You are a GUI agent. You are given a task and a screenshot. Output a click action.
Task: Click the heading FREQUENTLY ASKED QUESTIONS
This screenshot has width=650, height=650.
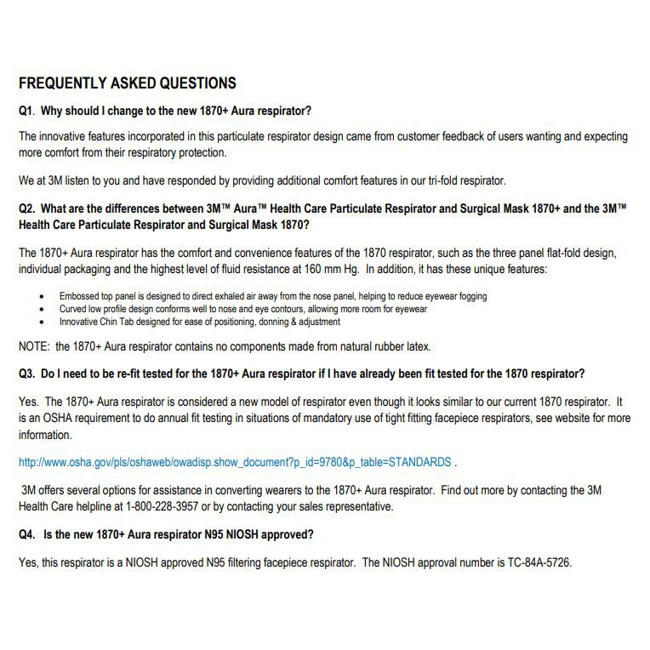click(128, 83)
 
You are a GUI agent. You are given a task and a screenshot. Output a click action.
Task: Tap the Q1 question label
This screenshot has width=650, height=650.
click(27, 111)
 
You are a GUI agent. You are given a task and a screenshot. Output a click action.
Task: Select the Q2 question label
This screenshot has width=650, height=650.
click(27, 208)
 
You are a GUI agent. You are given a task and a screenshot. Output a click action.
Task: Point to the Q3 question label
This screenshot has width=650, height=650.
click(27, 373)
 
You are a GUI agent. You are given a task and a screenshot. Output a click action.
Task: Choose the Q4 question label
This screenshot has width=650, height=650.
click(27, 534)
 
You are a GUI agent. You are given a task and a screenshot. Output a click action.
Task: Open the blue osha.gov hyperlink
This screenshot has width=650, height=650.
click(235, 462)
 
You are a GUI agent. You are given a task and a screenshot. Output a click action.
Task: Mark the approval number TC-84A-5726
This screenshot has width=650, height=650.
click(533, 562)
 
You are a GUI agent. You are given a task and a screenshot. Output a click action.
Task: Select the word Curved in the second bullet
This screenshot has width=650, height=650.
click(73, 310)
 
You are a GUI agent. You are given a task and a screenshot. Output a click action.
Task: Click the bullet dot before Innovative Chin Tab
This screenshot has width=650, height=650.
click(43, 322)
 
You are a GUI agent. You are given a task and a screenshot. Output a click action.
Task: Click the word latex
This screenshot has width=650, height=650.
click(418, 346)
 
